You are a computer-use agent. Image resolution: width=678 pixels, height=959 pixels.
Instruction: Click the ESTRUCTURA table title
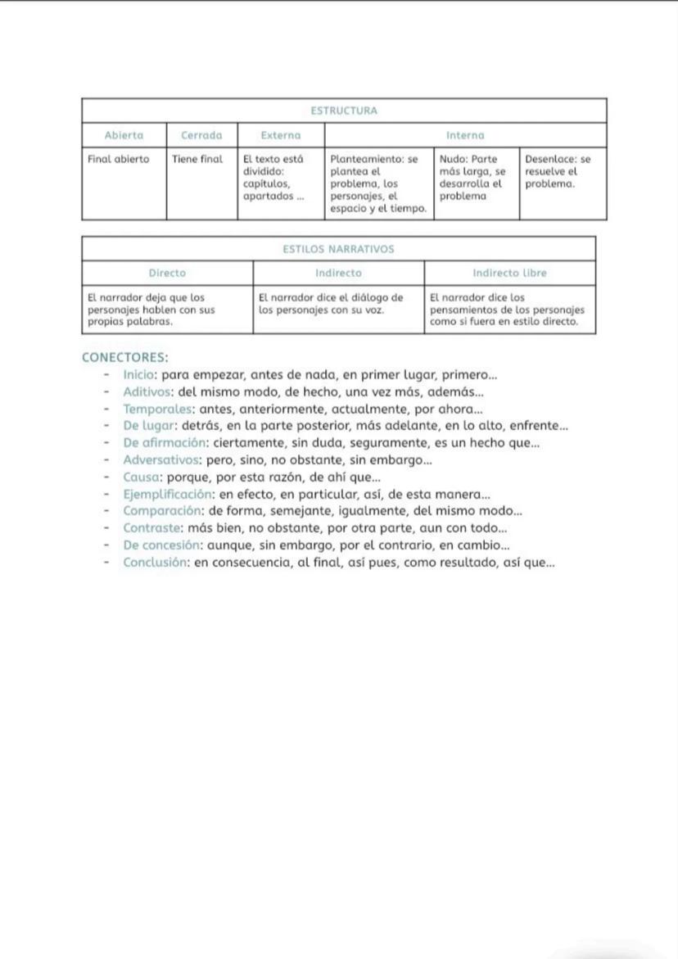[x=344, y=111]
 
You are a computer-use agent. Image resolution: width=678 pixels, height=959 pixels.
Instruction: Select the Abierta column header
[x=124, y=135]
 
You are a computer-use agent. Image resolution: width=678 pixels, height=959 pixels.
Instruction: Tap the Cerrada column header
[x=201, y=135]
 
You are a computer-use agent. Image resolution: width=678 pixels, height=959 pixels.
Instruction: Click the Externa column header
[x=280, y=135]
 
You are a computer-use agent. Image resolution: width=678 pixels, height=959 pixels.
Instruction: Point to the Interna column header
[x=465, y=135]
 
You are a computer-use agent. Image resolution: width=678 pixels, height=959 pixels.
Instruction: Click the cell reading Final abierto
[x=119, y=159]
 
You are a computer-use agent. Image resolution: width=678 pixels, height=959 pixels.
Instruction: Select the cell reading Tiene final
[x=197, y=159]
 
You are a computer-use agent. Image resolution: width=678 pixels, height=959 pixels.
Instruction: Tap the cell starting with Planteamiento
[x=377, y=183]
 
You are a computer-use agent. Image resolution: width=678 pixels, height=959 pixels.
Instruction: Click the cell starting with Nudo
[x=473, y=178]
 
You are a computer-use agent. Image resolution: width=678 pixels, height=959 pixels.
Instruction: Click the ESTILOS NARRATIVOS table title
[x=338, y=249]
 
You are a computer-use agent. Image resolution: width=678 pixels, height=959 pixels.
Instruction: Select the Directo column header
[x=167, y=273]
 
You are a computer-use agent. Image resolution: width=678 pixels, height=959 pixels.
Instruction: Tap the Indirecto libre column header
[x=509, y=273]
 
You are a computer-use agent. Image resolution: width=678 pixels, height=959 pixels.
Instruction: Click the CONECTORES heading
[x=125, y=358]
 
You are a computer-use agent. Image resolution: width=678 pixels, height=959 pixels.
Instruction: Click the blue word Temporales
[x=158, y=409]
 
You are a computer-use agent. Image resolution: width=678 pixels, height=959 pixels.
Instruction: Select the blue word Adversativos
[x=162, y=460]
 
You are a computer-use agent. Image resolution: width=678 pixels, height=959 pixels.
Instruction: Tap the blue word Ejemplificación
[x=168, y=494]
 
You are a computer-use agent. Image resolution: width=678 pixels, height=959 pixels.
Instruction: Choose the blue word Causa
[x=141, y=477]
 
